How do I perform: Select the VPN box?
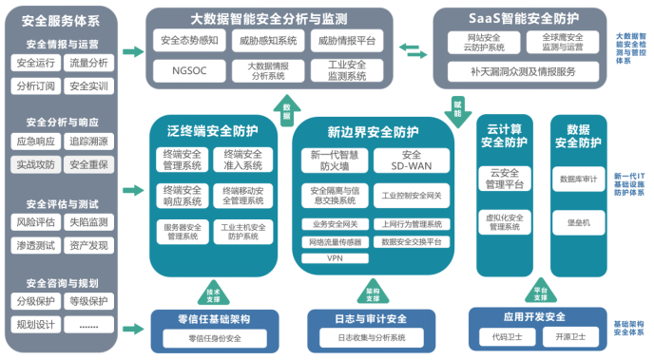coord(334,257)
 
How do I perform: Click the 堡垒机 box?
coord(578,222)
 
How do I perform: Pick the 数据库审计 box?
coord(578,179)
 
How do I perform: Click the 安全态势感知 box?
coord(183,41)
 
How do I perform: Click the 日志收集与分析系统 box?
coord(372,337)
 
